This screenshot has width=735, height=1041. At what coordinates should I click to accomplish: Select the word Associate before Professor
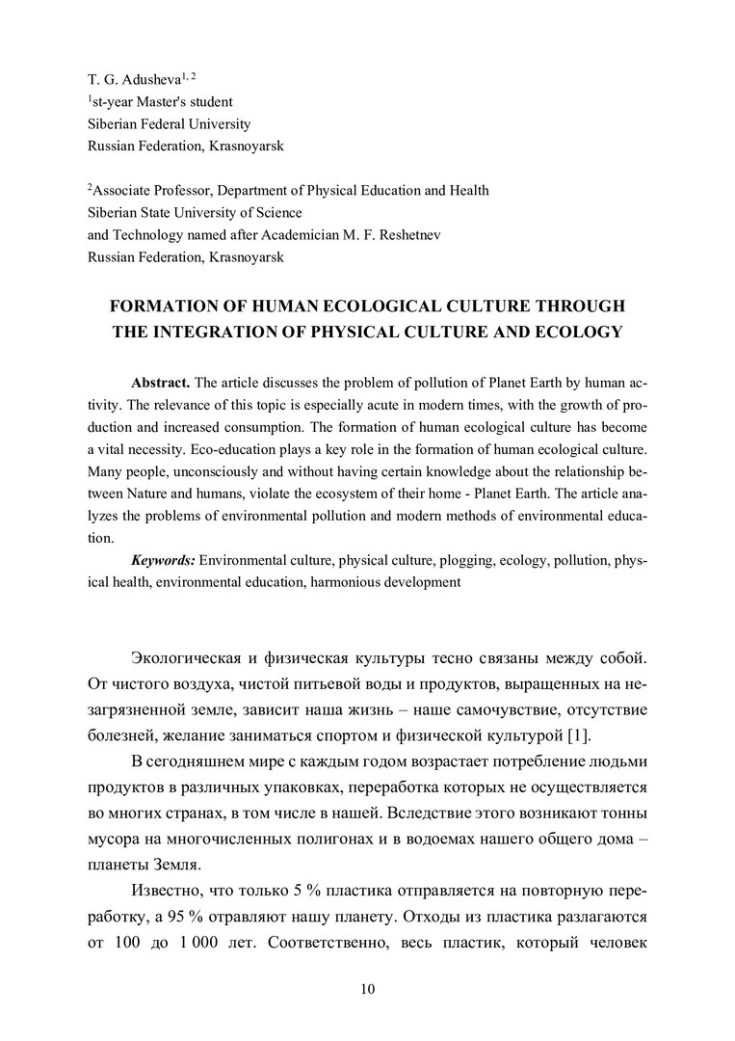(122, 190)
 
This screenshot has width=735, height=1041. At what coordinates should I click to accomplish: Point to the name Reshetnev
(406, 236)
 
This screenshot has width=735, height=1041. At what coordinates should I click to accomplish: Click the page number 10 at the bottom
(367, 990)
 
